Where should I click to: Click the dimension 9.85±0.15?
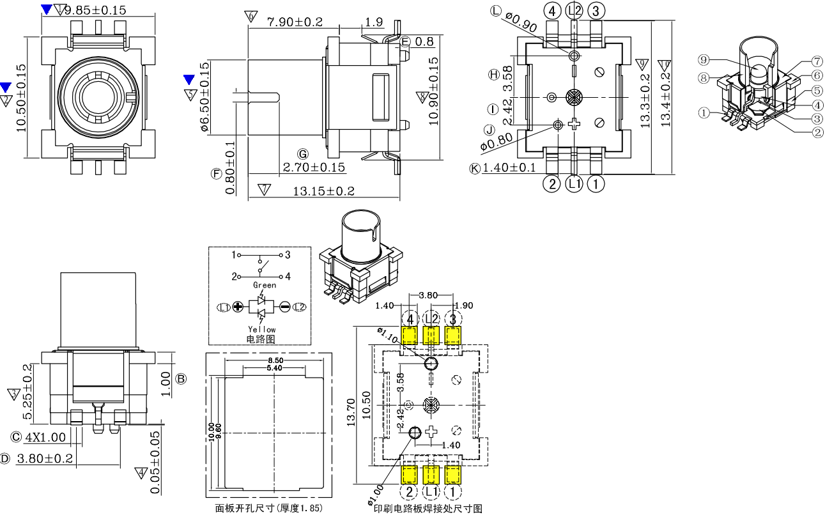pyautogui.click(x=96, y=10)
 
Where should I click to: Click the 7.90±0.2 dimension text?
pyautogui.click(x=295, y=22)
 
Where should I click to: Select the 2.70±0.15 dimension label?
pyautogui.click(x=314, y=167)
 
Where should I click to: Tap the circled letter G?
pyautogui.click(x=303, y=153)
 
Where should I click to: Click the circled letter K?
pyautogui.click(x=475, y=168)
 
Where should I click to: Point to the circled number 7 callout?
pyautogui.click(x=817, y=61)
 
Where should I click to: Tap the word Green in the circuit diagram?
pyautogui.click(x=265, y=285)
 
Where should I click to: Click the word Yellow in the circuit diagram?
pyautogui.click(x=262, y=330)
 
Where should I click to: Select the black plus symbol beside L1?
pyautogui.click(x=238, y=307)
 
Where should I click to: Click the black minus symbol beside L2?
pyautogui.click(x=284, y=307)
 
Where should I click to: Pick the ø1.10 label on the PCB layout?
pyautogui.click(x=389, y=336)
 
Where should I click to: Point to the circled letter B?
pyautogui.click(x=181, y=378)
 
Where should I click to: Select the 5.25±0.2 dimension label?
pyautogui.click(x=27, y=392)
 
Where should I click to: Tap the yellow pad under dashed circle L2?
pyautogui.click(x=431, y=335)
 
